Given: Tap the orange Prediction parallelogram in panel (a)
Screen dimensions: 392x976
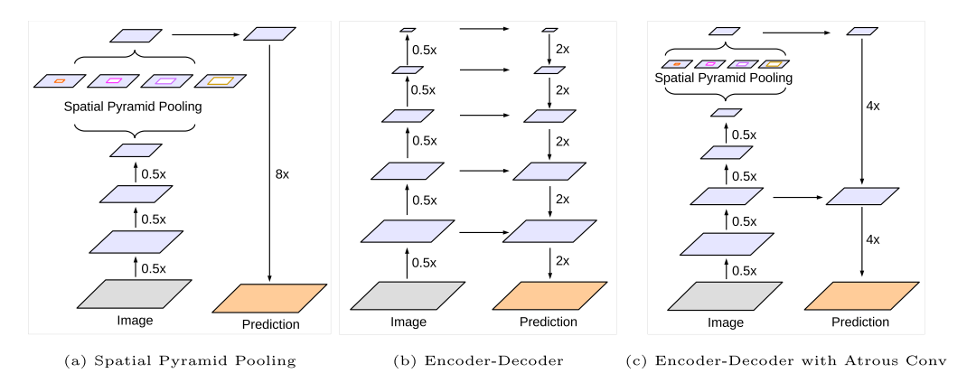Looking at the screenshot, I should tap(268, 298).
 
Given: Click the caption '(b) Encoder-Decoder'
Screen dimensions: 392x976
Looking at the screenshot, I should tap(478, 361).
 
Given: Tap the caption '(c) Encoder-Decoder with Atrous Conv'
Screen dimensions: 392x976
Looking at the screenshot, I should tap(787, 361).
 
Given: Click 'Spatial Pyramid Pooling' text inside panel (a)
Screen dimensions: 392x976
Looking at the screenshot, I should tap(133, 106).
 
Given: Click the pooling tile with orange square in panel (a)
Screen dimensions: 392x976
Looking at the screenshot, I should tap(60, 81).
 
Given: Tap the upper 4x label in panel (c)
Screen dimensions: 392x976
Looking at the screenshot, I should tap(872, 106).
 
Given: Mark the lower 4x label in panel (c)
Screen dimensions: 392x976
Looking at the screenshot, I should tap(872, 240).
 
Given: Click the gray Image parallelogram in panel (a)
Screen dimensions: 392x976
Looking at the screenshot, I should tap(136, 295).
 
